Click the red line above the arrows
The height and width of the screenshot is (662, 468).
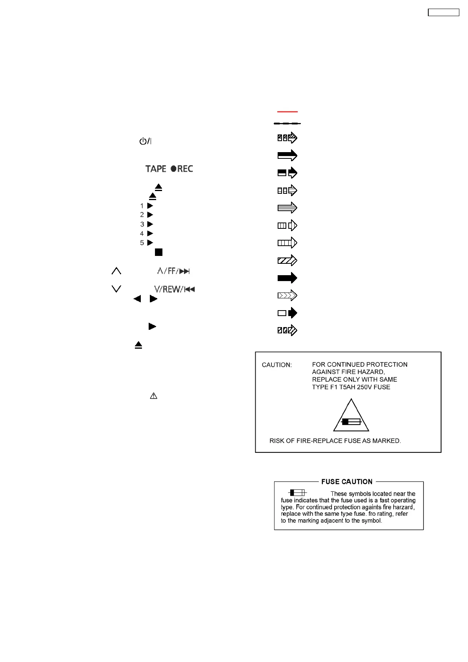coord(287,112)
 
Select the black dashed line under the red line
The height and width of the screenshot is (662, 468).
coord(287,123)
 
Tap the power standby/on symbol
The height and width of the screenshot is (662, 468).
coord(145,141)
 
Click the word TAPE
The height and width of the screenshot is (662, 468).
coord(156,169)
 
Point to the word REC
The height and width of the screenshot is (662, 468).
coord(185,169)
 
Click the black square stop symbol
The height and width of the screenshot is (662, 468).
coord(158,252)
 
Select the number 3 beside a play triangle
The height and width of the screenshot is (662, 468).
coord(142,224)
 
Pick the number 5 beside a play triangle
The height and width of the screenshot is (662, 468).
coord(142,243)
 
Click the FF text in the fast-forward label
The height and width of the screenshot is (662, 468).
coord(171,271)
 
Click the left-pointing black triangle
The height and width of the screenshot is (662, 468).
coord(137,299)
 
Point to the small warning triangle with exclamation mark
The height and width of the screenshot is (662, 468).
coord(153,396)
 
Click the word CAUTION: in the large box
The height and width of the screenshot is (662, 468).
coord(277,365)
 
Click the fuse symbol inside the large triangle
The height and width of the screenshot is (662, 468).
coord(351,422)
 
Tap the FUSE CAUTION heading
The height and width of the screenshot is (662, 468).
coord(346,482)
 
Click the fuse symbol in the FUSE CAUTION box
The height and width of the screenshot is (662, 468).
coord(297,493)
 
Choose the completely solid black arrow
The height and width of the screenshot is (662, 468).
coord(287,278)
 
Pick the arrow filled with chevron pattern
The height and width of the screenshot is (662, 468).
coord(287,296)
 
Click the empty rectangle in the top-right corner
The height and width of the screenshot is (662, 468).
coord(443,13)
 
